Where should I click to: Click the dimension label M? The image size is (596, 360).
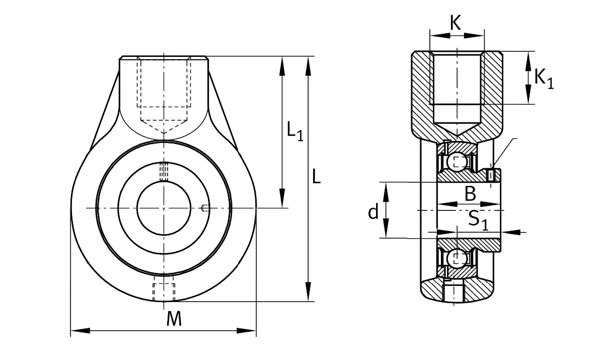tap(174, 319)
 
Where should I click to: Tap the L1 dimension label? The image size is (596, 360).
tap(295, 131)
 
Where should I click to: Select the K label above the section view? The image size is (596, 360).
tap(456, 23)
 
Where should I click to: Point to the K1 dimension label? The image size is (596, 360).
tap(544, 79)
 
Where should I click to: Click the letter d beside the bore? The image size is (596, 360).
tap(374, 211)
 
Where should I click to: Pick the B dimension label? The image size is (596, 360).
tap(471, 193)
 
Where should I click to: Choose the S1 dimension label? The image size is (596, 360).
tap(478, 220)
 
